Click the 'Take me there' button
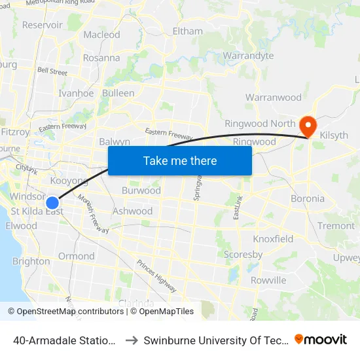point(180,160)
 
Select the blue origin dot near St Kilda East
point(53,203)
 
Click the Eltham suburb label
point(187,31)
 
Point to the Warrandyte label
point(248,56)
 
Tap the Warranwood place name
point(273,98)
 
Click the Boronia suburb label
point(307,198)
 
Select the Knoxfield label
point(273,239)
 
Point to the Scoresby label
point(243,255)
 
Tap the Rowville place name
point(268,280)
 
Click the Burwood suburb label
point(141,191)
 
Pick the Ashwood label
point(132,211)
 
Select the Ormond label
point(76,256)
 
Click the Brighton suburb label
point(31,261)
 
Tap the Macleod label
point(101,35)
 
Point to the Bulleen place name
point(118,93)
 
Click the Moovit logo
point(321,339)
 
